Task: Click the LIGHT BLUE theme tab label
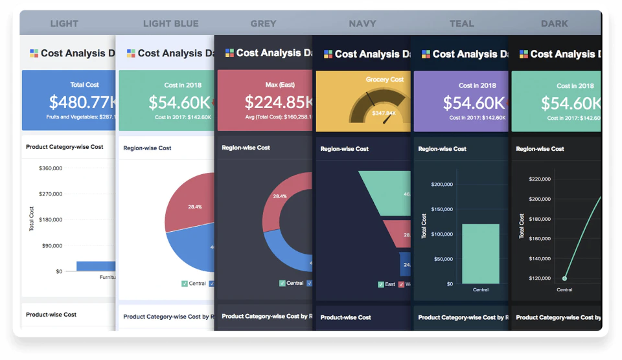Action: pos(170,24)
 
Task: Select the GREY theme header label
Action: pos(263,24)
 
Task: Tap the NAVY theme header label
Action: pos(362,24)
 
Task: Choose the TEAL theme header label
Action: pos(461,24)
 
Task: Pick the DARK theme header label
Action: pos(554,24)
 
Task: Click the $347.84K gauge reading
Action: pos(365,114)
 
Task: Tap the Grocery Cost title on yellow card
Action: pos(384,80)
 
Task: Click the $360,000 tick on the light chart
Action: pos(50,168)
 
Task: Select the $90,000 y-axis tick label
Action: pos(51,246)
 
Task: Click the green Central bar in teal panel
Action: pos(480,253)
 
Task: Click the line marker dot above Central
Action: pos(564,278)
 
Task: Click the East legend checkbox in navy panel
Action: pos(380,284)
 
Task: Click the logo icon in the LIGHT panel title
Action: pos(34,53)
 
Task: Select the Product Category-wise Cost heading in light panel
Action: pos(64,147)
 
